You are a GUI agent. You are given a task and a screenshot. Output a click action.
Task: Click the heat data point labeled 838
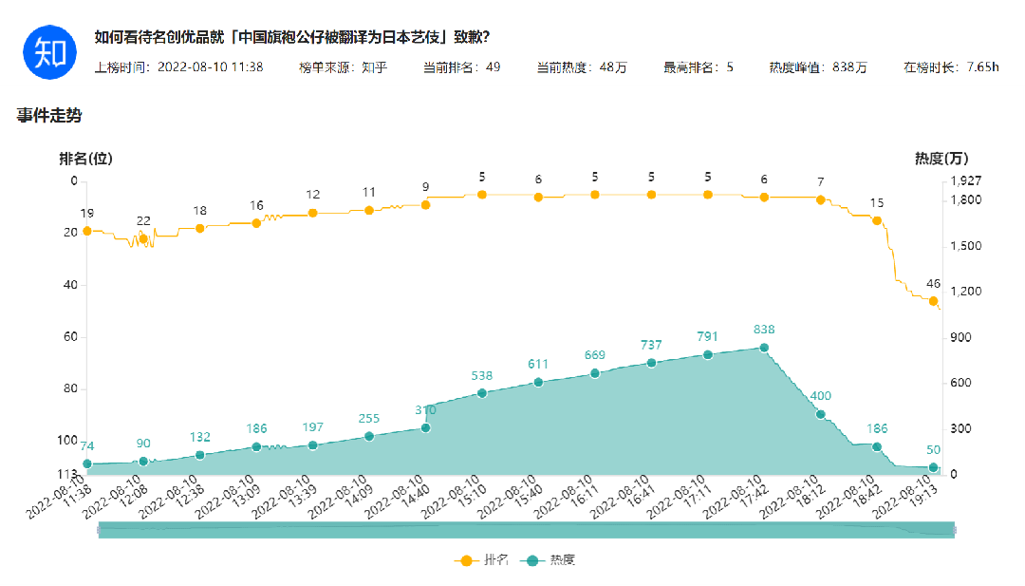[764, 348]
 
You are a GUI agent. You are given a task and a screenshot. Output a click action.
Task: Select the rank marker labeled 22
[143, 239]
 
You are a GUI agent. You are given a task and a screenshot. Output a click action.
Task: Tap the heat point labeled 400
[821, 414]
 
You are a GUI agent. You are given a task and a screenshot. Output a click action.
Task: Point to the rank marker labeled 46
[933, 301]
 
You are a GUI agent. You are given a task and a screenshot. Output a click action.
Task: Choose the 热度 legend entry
[550, 560]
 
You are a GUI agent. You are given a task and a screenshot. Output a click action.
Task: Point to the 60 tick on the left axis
[70, 337]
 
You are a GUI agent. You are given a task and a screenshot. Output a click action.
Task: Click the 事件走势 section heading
[49, 116]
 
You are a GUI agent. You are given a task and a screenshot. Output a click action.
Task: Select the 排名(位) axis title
[85, 159]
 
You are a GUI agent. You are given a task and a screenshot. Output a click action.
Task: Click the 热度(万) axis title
[941, 159]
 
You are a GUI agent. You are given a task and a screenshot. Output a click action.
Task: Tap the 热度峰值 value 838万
[849, 67]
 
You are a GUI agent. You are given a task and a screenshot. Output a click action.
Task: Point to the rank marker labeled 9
[425, 205]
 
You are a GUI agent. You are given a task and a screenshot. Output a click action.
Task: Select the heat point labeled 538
[482, 393]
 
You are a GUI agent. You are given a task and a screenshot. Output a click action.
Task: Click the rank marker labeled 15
[877, 220]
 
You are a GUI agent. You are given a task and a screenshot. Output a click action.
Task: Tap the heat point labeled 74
[87, 464]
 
